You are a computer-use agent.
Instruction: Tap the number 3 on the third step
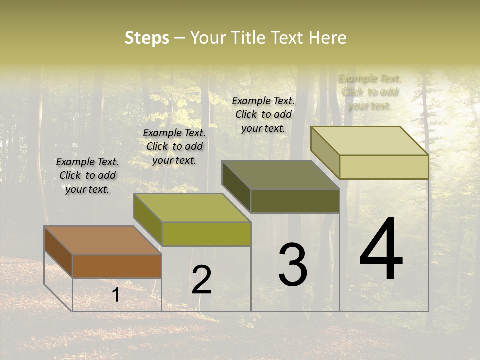[x=293, y=264]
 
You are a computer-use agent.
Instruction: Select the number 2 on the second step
[x=201, y=279]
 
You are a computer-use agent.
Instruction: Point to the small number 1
[x=115, y=295]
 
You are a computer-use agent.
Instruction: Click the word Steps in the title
[x=147, y=38]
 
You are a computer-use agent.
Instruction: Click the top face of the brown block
[x=103, y=240]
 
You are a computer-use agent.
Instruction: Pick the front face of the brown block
[x=117, y=266]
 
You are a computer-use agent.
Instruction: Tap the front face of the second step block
[x=206, y=234]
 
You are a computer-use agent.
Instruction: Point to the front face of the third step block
[x=295, y=201]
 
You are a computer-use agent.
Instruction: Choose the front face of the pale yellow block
[x=384, y=167]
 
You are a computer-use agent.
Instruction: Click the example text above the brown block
[x=87, y=175]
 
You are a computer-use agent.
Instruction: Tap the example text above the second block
[x=174, y=146]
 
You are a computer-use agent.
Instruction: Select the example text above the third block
[x=263, y=114]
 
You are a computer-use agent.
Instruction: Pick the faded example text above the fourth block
[x=370, y=92]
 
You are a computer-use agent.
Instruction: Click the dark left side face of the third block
[x=236, y=186]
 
